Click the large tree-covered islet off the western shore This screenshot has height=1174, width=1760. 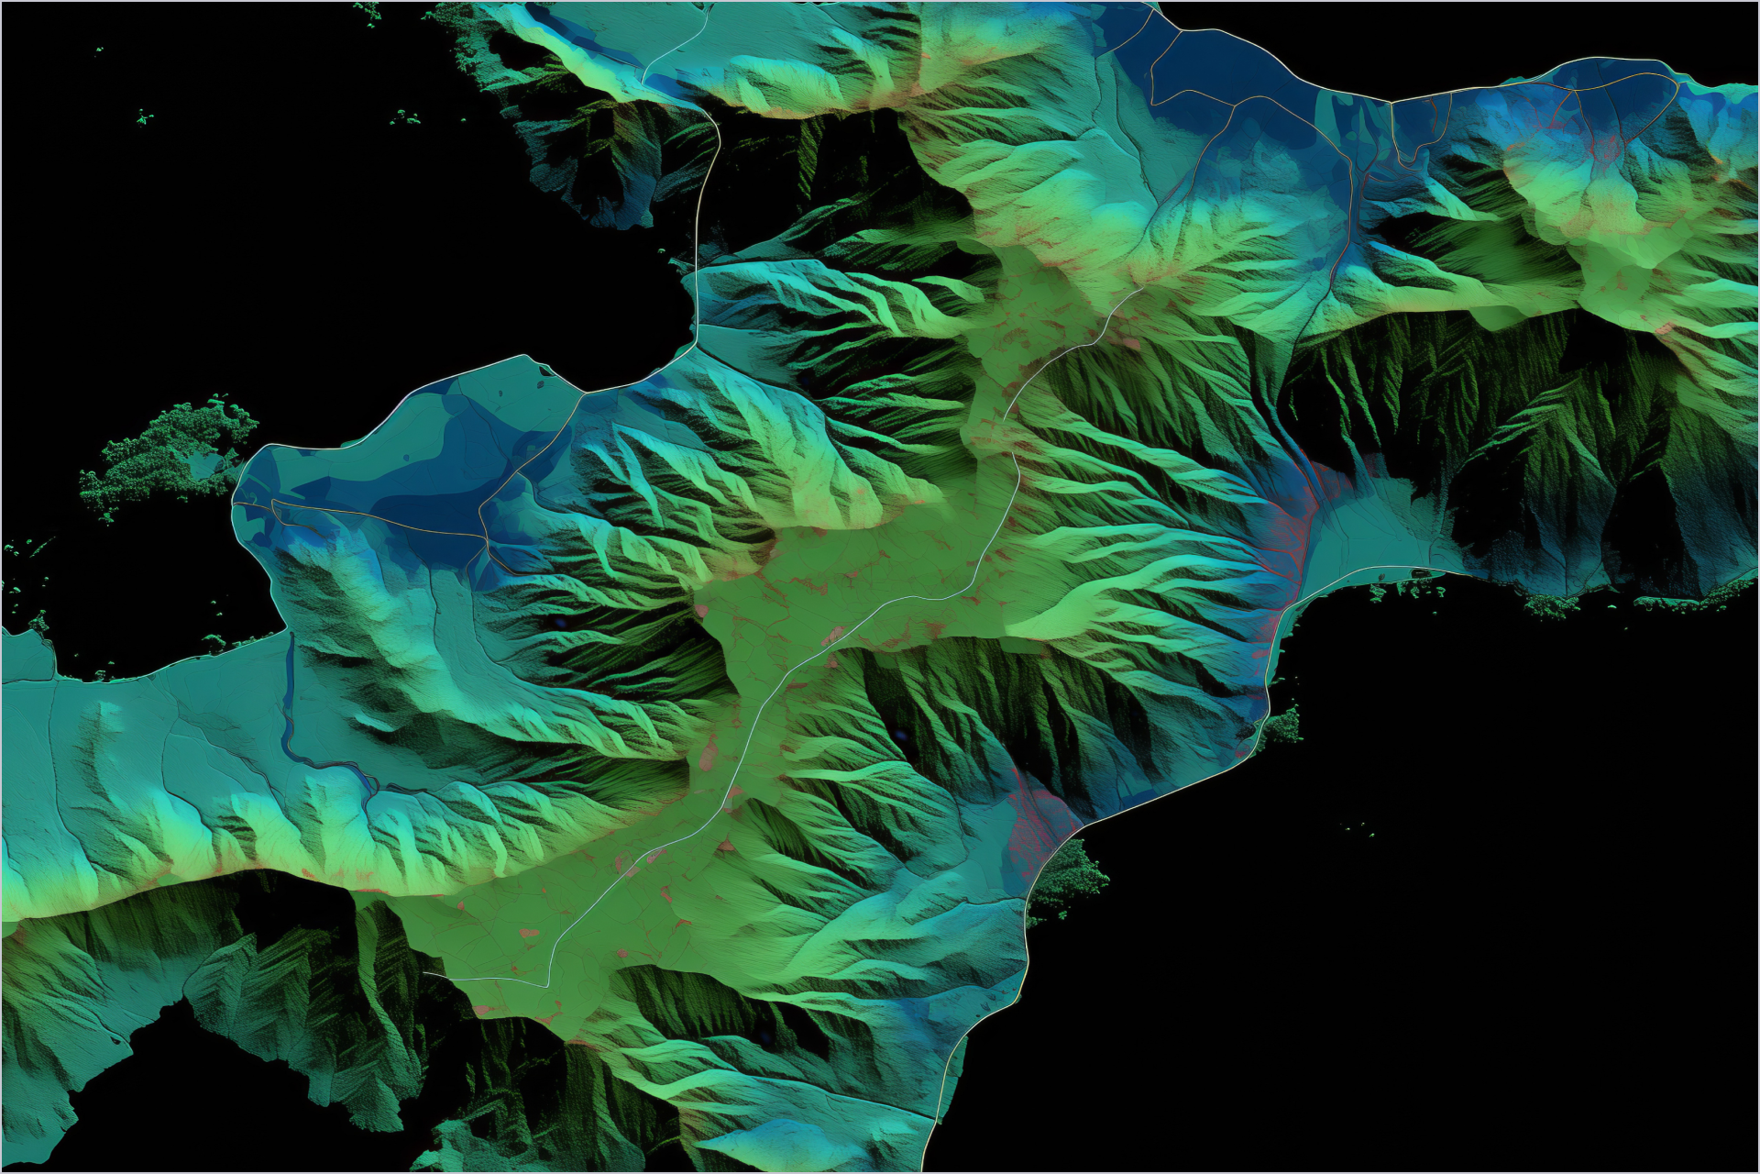pos(170,454)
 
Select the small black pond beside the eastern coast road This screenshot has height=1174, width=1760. pos(1422,572)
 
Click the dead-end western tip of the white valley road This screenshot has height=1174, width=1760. pos(425,973)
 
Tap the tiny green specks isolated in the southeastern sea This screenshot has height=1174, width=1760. pos(1366,830)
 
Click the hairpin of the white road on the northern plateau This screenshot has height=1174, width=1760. pos(647,73)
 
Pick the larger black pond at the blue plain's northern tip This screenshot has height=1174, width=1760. pos(540,384)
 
